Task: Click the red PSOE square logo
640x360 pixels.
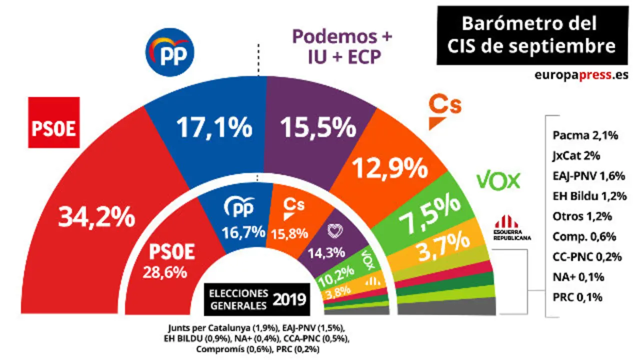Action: coord(54,122)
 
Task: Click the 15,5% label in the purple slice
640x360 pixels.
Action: coord(318,127)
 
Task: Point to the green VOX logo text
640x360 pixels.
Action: coord(499,180)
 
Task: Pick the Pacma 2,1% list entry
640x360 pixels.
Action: coord(585,135)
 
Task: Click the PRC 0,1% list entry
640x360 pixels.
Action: coord(577,297)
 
